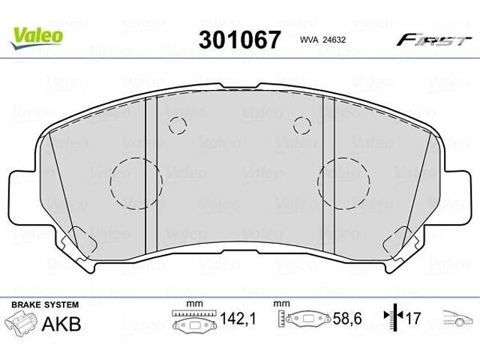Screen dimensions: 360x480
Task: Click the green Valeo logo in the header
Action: (x=36, y=34)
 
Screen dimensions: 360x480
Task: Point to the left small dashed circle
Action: (x=177, y=125)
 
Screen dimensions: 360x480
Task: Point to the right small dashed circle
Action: (x=302, y=125)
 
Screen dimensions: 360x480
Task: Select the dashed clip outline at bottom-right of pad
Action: (x=397, y=242)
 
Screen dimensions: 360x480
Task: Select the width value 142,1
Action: (x=239, y=319)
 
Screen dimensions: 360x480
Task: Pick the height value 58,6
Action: (x=347, y=319)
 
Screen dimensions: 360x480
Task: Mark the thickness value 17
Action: (x=413, y=319)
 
